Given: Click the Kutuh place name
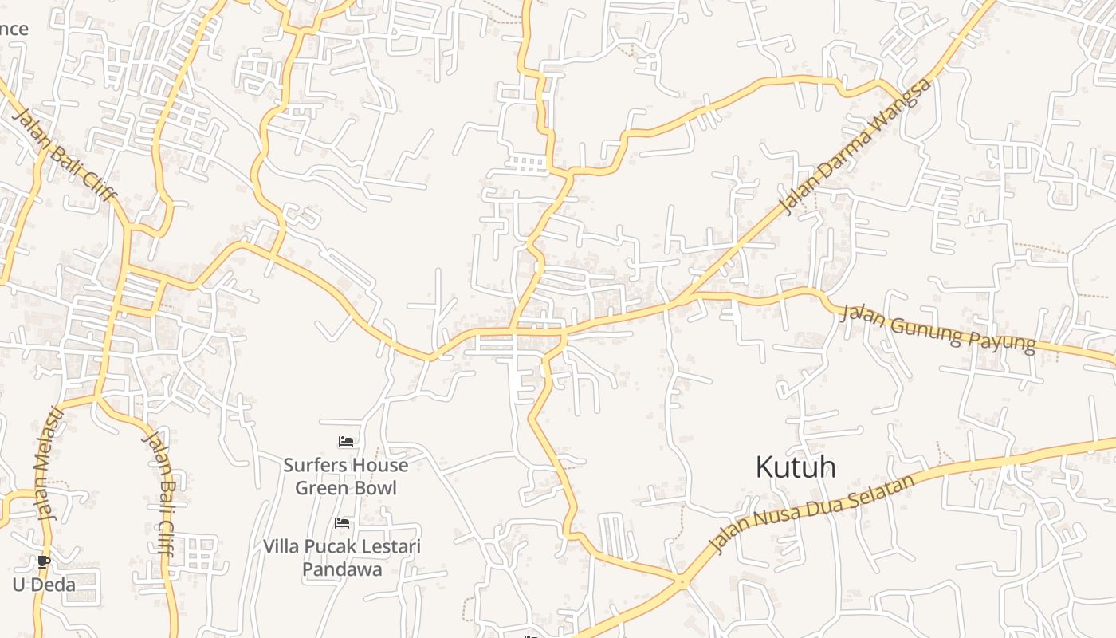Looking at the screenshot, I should coord(796,467).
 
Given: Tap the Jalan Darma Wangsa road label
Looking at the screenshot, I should coord(855,146).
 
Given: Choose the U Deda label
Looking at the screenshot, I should coord(44,585).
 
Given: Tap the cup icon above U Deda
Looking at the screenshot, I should coord(44,562).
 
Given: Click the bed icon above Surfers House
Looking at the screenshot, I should coord(346,442).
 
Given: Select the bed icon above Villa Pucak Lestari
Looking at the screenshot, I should coord(342,523).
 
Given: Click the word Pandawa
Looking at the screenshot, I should coord(342,569).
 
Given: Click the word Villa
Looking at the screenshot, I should coord(281,547).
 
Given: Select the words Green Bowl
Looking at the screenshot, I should coord(346,487).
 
